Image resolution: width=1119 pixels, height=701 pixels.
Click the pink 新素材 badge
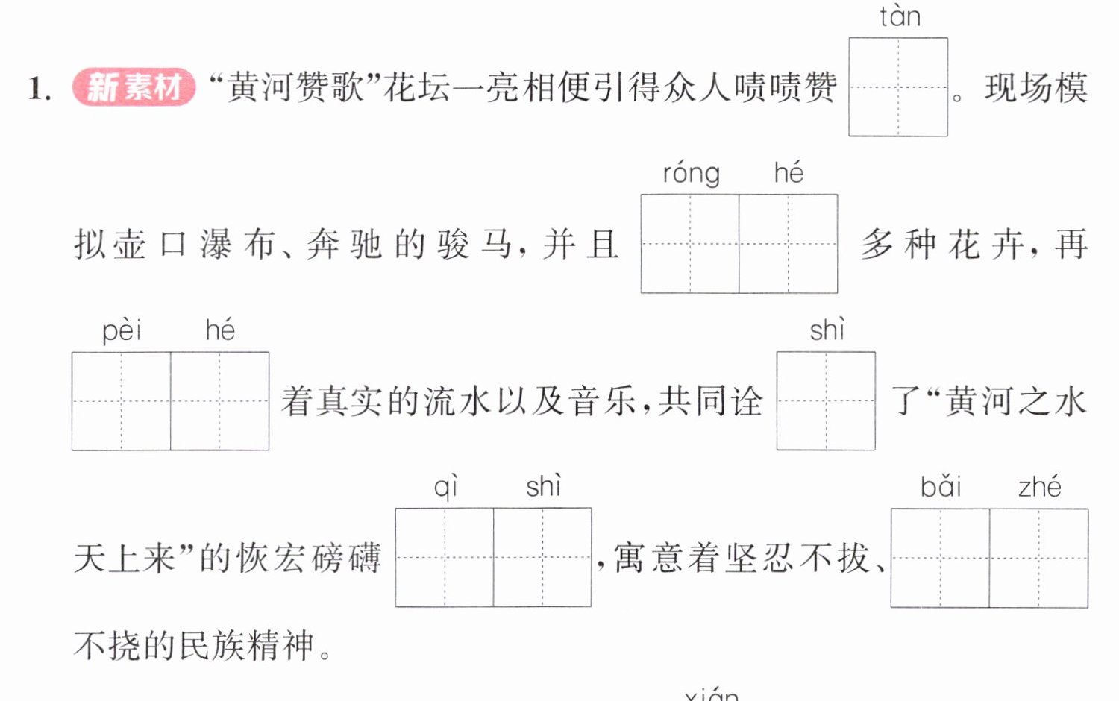(x=134, y=87)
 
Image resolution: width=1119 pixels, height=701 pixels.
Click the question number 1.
(x=40, y=89)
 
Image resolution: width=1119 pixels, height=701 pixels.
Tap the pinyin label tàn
(x=900, y=17)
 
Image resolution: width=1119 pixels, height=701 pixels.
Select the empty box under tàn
(x=898, y=87)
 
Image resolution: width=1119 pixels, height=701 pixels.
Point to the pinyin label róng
(x=692, y=175)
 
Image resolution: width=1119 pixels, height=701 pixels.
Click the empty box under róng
(x=690, y=244)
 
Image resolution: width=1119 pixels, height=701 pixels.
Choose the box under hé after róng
(x=789, y=244)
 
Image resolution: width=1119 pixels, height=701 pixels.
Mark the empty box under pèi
(x=121, y=401)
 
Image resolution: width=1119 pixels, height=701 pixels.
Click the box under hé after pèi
(x=220, y=401)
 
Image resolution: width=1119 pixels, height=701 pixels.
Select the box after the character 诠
(x=826, y=401)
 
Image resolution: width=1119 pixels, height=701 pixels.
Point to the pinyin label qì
(x=445, y=488)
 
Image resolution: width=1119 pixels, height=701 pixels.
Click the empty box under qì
(x=445, y=557)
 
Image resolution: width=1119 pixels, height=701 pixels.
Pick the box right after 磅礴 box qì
(x=542, y=557)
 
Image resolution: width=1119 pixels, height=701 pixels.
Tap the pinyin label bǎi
(x=941, y=487)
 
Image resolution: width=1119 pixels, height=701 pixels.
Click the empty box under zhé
(x=1039, y=559)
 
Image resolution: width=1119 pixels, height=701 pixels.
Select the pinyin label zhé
(x=1040, y=486)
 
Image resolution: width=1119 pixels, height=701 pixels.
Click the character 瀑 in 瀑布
(x=216, y=244)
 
